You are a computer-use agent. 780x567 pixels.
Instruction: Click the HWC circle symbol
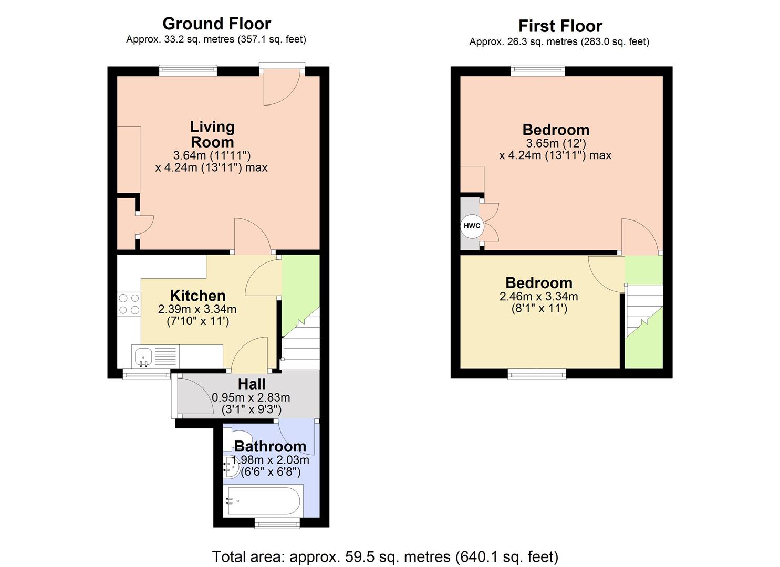coord(472,226)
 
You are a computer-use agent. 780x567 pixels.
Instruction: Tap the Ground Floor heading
coord(216,24)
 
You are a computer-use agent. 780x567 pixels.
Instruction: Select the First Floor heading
coord(560,26)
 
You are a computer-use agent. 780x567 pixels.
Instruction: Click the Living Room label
coord(212,134)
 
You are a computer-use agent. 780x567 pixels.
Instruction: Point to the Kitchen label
coord(197,296)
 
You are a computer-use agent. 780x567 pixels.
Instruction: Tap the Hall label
coord(252,384)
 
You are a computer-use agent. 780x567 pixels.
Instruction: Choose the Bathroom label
coord(270,446)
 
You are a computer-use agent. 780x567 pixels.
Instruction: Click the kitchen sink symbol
coord(143,356)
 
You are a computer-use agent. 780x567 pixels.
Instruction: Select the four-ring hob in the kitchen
coord(129,304)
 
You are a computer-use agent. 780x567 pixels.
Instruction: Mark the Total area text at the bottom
coord(385,556)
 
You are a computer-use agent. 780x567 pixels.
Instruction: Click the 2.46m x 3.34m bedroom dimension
coord(538,297)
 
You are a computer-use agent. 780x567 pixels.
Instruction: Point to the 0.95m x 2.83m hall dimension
coord(251,398)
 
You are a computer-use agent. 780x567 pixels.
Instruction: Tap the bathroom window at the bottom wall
coord(277,523)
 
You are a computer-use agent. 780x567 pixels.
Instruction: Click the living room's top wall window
coord(188,70)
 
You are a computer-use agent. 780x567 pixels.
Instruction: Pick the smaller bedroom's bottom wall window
coord(536,373)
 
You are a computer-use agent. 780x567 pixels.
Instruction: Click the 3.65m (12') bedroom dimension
coord(556,143)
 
